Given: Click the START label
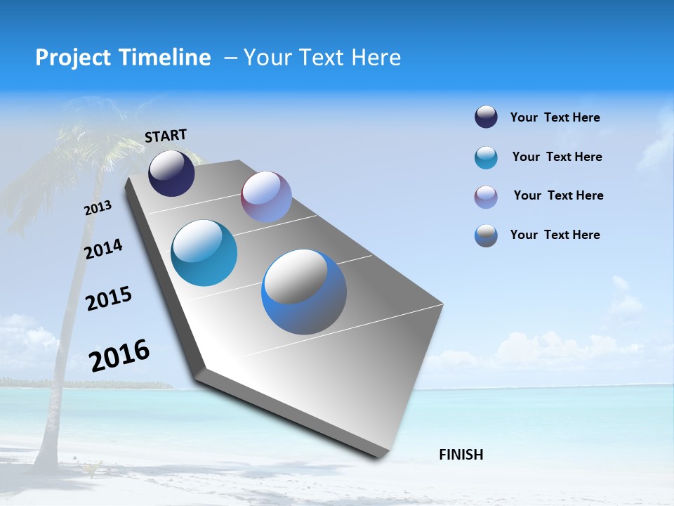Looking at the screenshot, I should (166, 136).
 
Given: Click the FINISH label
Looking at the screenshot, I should (461, 455).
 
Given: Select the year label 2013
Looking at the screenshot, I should (98, 208).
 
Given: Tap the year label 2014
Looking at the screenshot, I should (103, 249).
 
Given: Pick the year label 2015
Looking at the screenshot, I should (108, 299).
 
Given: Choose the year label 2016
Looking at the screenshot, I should (119, 356).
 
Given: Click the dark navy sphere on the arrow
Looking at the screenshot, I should (171, 174).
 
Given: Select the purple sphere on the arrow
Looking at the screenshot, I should (266, 197).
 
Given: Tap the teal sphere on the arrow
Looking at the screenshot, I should (204, 253).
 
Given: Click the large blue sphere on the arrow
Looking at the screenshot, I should (303, 292).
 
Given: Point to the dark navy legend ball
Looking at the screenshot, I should (486, 117).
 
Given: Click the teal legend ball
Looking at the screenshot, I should (486, 157).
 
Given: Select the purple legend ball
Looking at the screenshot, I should (486, 197).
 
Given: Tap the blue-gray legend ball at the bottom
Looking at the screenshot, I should (486, 235).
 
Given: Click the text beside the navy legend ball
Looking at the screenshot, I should (555, 117).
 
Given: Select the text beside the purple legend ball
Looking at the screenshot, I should (558, 195).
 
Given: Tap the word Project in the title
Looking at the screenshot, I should (71, 58).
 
